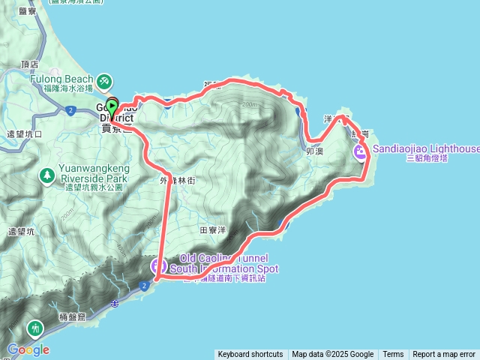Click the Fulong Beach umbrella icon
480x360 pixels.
tap(105, 79)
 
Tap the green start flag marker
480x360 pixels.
tap(112, 105)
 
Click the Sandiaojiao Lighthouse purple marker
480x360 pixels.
tap(361, 153)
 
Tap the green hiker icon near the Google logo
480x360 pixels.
tap(35, 327)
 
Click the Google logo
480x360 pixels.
tap(28, 349)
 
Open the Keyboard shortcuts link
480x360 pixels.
tap(250, 355)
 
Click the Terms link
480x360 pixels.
tap(393, 355)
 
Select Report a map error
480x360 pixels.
tap(444, 355)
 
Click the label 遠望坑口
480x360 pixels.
tap(24, 134)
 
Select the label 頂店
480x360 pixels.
tap(30, 65)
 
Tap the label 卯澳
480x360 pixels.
tap(315, 151)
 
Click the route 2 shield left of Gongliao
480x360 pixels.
tap(69, 110)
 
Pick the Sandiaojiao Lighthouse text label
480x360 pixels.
tap(424, 149)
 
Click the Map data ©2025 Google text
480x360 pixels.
tap(333, 355)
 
